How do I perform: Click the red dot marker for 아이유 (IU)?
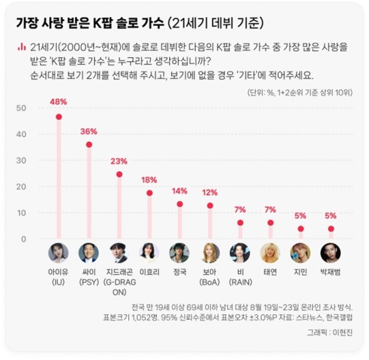[x=59, y=117]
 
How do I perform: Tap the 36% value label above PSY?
[x=89, y=132]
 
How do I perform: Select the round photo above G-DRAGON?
[x=119, y=253]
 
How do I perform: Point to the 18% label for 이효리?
[x=149, y=180]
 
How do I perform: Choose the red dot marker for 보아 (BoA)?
[x=210, y=205]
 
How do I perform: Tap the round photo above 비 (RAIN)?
[x=240, y=253]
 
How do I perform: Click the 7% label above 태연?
[x=270, y=210]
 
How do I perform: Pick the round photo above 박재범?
[x=331, y=253]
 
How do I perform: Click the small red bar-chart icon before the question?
[x=20, y=47]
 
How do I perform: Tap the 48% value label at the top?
[x=59, y=102]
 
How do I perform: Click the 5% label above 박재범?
[x=331, y=216]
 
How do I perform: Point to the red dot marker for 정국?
[x=179, y=204]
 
